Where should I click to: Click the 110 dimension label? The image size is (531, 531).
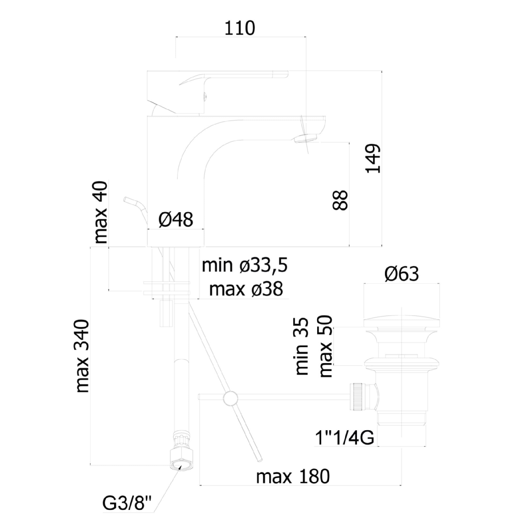240,28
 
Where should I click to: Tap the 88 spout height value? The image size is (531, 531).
340,200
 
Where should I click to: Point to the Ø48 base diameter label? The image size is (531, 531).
176,220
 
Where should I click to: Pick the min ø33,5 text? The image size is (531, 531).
245,265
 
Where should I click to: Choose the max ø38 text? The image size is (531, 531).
246,289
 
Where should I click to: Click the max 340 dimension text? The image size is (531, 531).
83,356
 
